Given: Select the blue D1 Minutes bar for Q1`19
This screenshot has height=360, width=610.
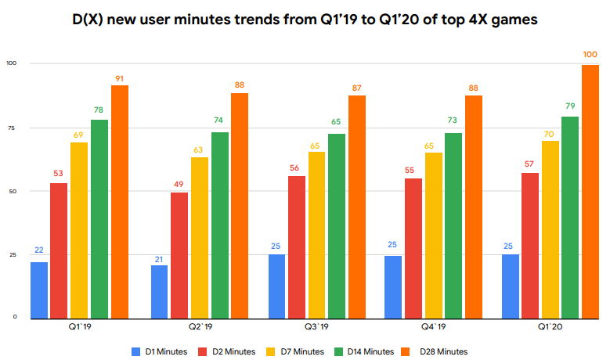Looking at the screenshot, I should [39, 290].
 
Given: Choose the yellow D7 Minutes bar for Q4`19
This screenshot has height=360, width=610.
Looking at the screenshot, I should [434, 235].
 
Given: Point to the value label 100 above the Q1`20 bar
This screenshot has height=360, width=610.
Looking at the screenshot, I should [590, 54].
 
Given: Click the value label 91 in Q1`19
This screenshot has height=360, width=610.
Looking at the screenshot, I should [119, 77].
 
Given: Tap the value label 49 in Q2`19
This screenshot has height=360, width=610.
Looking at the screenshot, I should [179, 184].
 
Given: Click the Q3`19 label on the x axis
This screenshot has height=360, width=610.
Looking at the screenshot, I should [317, 326].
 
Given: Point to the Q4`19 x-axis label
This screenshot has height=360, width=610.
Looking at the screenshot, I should [435, 326].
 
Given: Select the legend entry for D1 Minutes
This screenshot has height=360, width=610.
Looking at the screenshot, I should [161, 351].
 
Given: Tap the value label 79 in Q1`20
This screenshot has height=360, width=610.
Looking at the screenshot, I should [570, 106].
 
